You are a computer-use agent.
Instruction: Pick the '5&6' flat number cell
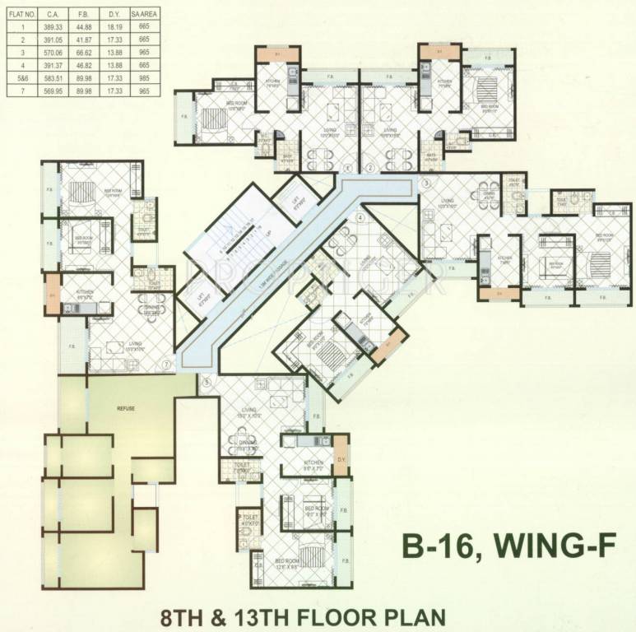13,77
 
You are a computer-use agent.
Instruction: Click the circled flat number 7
166,364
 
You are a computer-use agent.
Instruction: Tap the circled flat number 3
427,184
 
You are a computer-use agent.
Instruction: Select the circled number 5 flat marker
207,381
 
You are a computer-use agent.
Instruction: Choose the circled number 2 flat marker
370,169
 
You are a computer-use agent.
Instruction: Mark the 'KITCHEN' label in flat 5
314,463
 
